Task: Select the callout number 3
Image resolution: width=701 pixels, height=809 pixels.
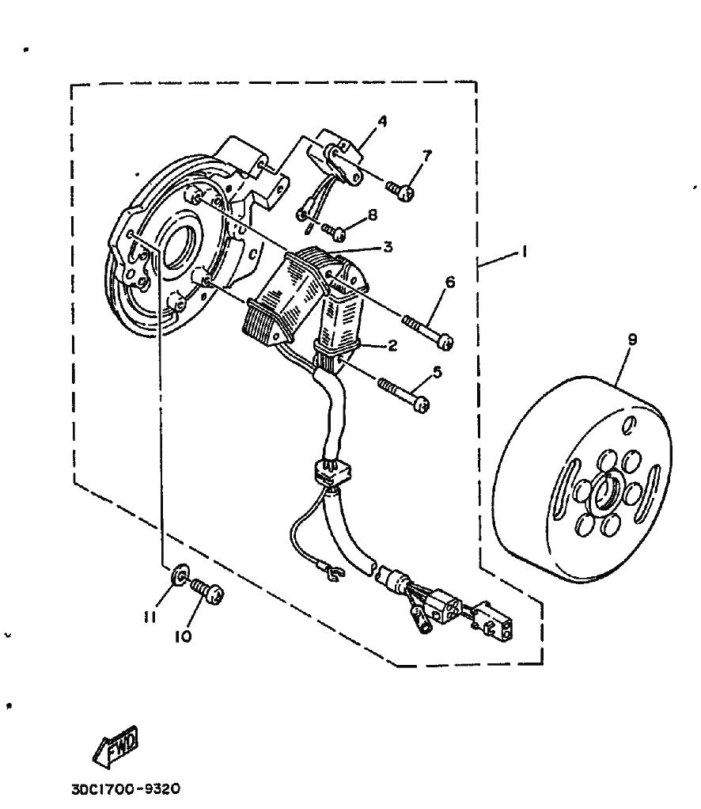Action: point(388,247)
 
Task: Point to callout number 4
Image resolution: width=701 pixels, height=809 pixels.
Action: point(382,121)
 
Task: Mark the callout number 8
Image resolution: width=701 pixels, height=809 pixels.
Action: point(372,214)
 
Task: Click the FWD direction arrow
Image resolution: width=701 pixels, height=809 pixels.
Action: point(117,745)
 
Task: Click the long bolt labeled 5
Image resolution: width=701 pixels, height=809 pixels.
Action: point(404,393)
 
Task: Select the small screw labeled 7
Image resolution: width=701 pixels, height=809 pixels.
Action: point(401,190)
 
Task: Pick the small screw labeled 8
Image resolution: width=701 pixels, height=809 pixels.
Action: point(335,232)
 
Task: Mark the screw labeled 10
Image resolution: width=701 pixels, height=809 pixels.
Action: point(207,591)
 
